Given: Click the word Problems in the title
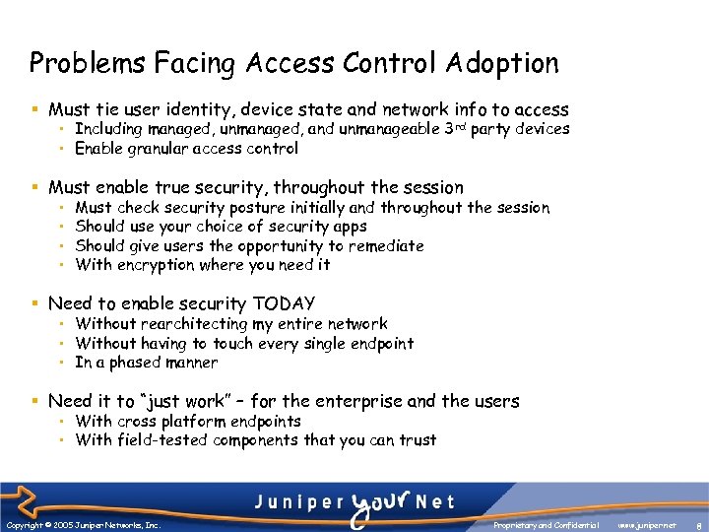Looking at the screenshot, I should [x=74, y=64].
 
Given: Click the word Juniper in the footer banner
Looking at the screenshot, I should [x=294, y=501].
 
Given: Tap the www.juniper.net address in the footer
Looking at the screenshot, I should [x=647, y=525].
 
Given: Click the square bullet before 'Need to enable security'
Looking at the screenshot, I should [x=34, y=304].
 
